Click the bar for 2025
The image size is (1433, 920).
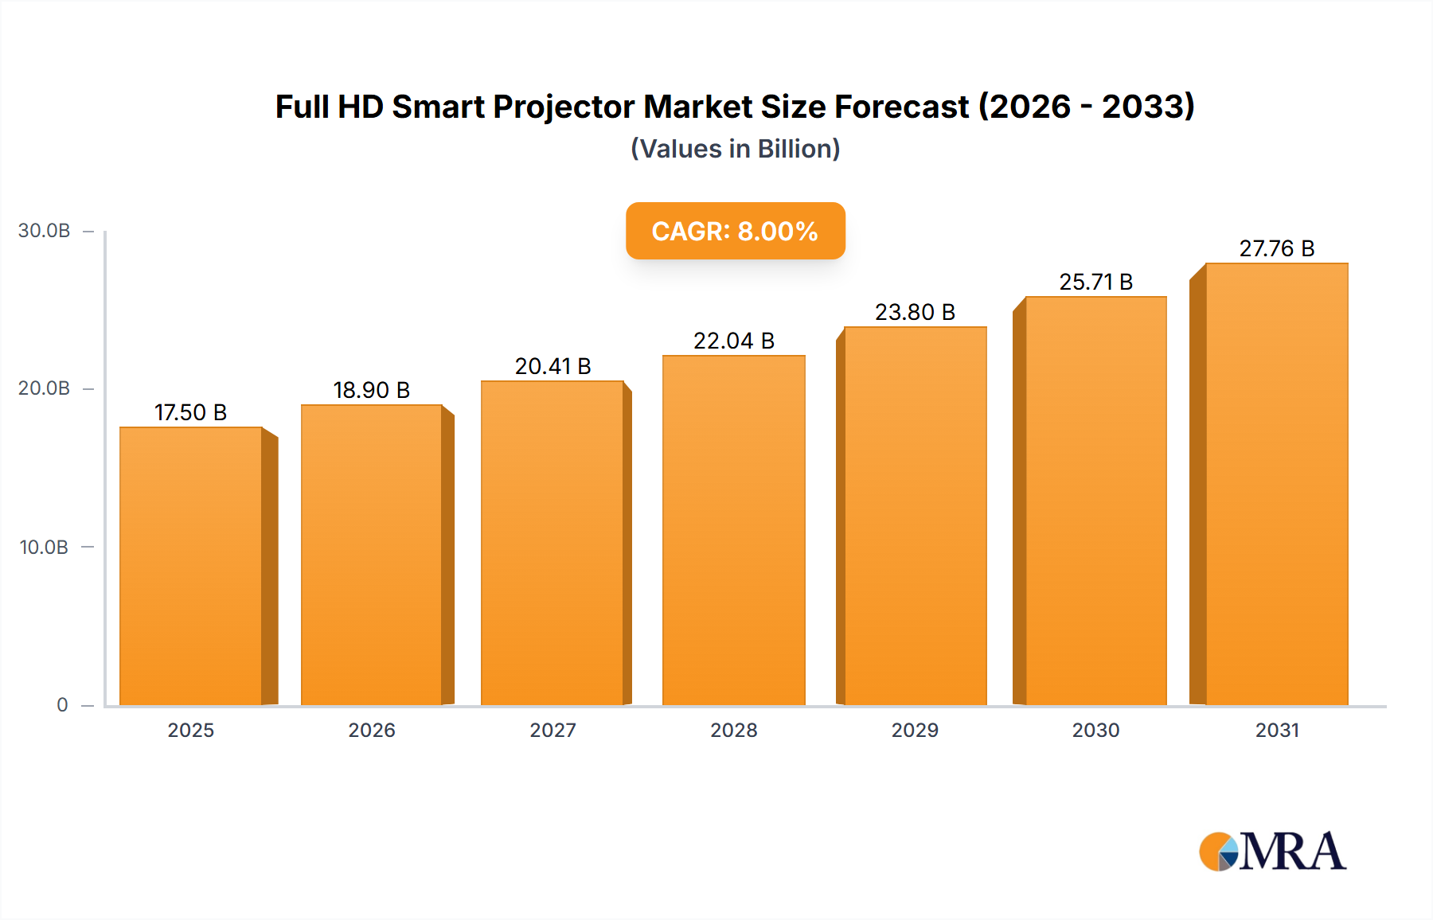pyautogui.click(x=191, y=565)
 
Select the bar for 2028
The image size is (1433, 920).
pyautogui.click(x=733, y=529)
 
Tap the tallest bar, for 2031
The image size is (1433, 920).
pyautogui.click(x=1276, y=484)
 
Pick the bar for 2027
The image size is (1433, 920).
pyautogui.click(x=553, y=543)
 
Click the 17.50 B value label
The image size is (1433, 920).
pyautogui.click(x=190, y=412)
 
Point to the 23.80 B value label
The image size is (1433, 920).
pyautogui.click(x=915, y=312)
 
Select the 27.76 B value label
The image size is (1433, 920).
pyautogui.click(x=1276, y=248)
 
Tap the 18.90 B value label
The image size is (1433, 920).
pyautogui.click(x=371, y=390)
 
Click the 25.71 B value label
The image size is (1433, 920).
pyautogui.click(x=1095, y=282)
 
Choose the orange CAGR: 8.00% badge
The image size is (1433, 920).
pyautogui.click(x=735, y=231)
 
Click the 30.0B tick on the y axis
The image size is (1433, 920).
pyautogui.click(x=45, y=231)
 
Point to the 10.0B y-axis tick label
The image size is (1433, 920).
pyautogui.click(x=45, y=548)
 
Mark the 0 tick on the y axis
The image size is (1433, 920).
pyautogui.click(x=62, y=705)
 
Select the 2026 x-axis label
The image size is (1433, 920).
pyautogui.click(x=372, y=730)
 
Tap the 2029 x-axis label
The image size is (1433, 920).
pyautogui.click(x=915, y=730)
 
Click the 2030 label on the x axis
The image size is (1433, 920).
pyautogui.click(x=1095, y=730)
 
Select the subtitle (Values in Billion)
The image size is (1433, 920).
pyautogui.click(x=735, y=149)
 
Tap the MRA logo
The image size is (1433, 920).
pyautogui.click(x=1272, y=852)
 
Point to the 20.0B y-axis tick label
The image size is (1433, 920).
pyautogui.click(x=45, y=388)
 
